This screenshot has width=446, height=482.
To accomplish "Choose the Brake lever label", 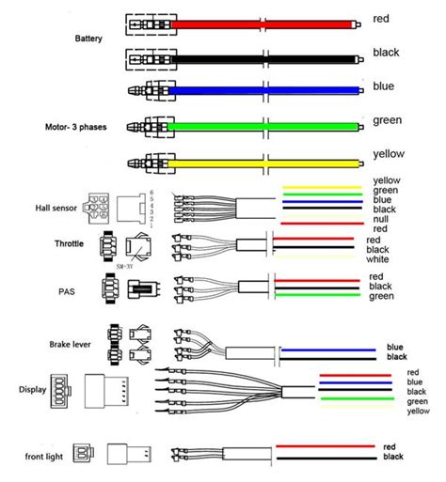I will point(68,346).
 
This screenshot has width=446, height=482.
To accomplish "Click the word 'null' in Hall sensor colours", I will point(382,218).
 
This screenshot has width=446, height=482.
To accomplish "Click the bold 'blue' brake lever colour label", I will point(394,348).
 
